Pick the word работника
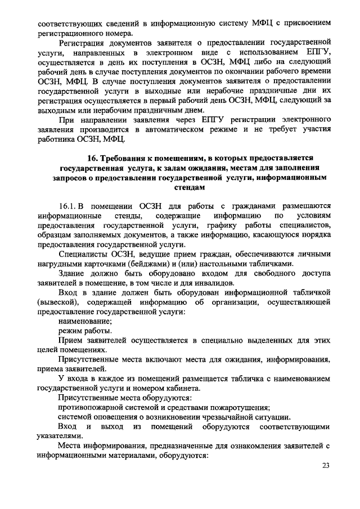point(57,139)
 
